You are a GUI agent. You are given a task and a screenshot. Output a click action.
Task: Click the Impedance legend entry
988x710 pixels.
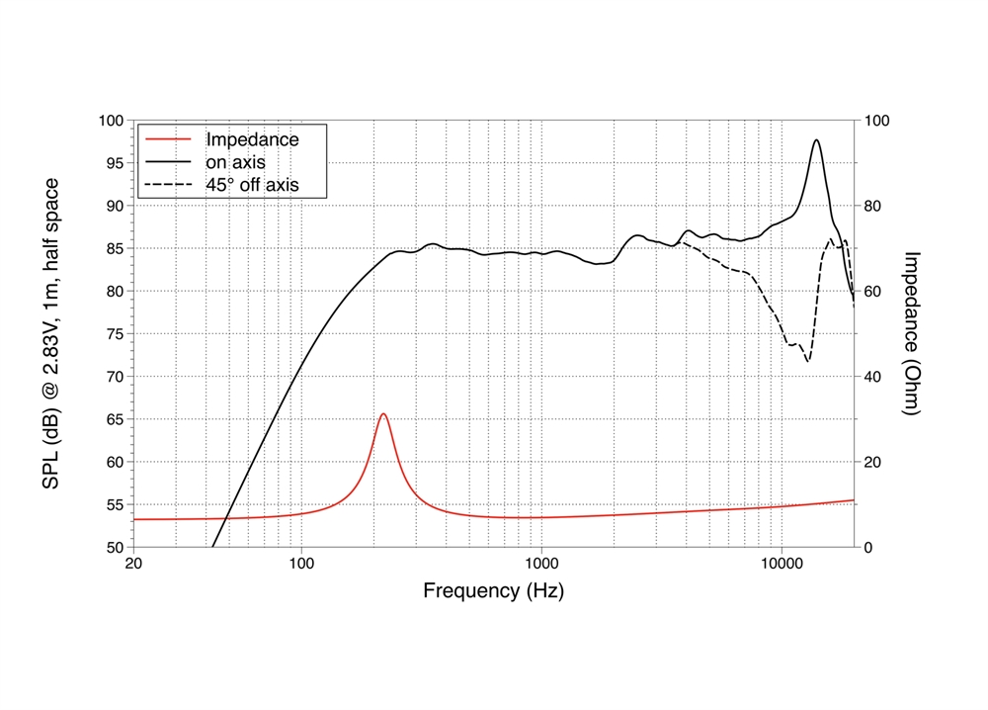(x=251, y=139)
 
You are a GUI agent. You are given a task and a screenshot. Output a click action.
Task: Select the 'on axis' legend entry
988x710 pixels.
(x=235, y=161)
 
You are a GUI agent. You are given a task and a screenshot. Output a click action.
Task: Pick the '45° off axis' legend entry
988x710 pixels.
(x=251, y=184)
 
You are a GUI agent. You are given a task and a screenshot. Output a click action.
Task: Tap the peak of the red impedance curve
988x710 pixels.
(x=383, y=414)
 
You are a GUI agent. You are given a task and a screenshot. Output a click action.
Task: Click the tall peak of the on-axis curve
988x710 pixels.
(x=816, y=140)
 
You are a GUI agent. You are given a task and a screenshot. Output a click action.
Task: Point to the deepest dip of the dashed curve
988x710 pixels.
(x=808, y=361)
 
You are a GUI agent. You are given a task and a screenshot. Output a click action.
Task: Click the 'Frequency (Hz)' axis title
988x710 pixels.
(x=494, y=591)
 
